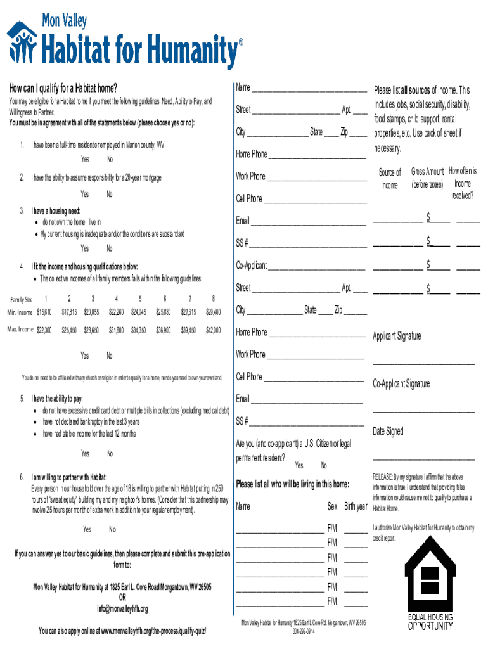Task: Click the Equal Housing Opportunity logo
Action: [430, 586]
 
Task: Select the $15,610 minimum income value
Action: [44, 312]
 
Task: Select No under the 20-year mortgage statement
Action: [110, 194]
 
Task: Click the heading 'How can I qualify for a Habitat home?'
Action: [63, 88]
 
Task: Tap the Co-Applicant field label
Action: [252, 265]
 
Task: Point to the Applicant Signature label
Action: [397, 336]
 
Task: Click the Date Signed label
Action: [388, 431]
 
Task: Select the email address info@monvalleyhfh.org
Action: [122, 609]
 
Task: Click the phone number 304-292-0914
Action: [304, 632]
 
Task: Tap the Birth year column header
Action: [356, 507]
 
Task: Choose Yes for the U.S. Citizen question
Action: [299, 466]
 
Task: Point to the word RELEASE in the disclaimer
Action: [383, 477]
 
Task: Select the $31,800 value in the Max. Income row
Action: [116, 330]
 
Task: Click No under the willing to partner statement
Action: [112, 529]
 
